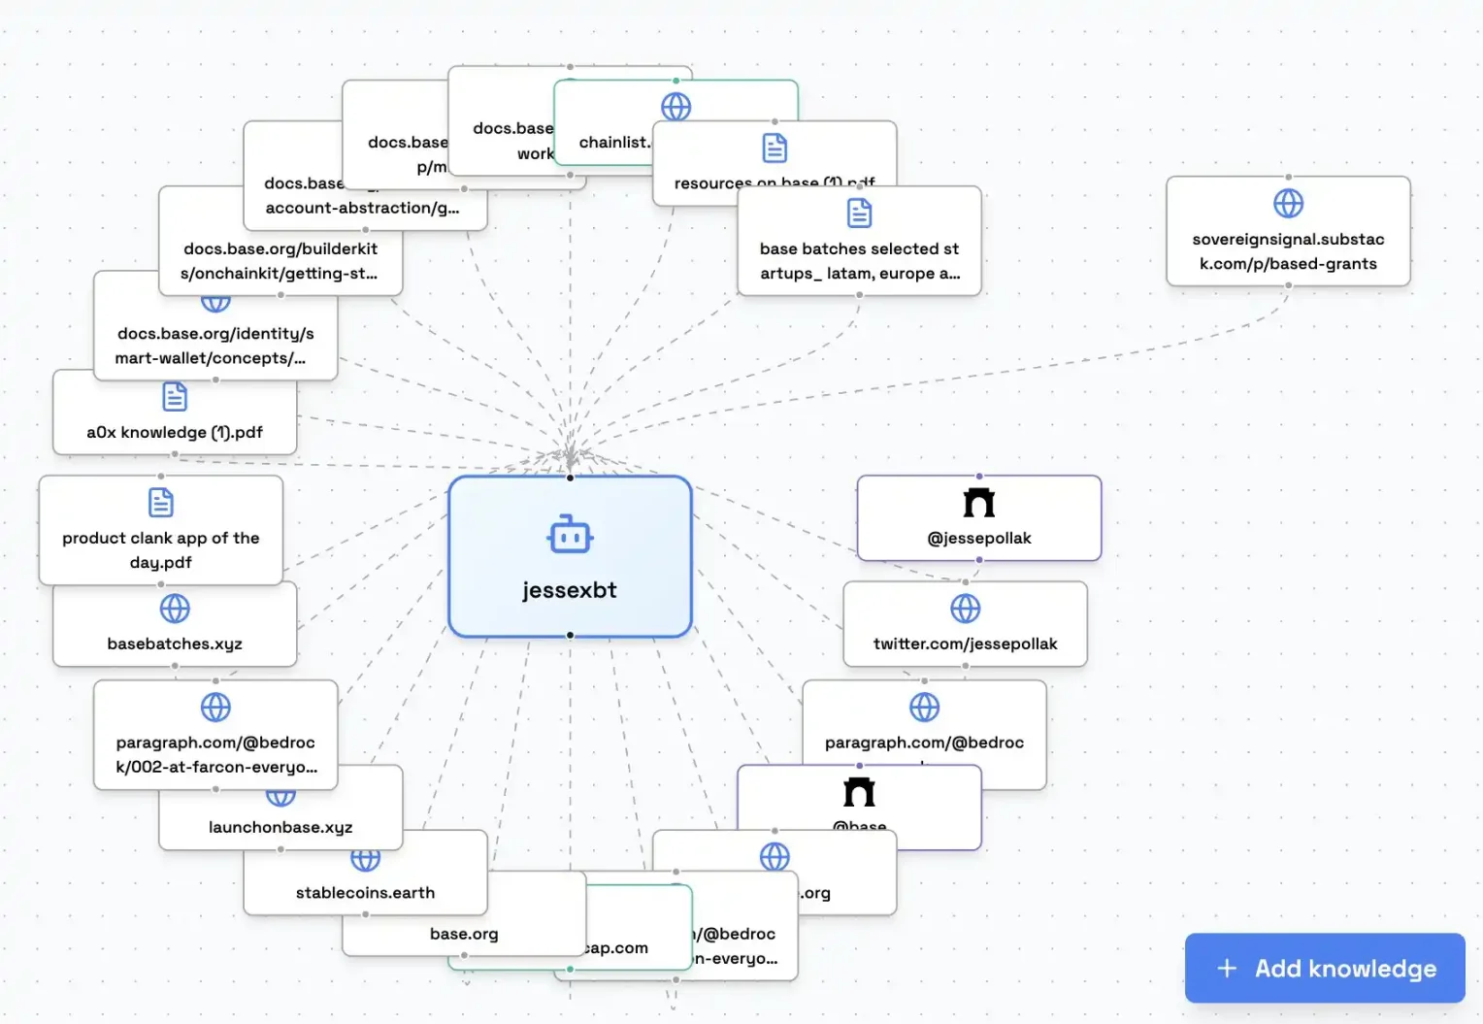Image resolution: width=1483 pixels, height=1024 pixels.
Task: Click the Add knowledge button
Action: click(x=1325, y=968)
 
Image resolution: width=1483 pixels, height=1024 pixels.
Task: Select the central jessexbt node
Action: click(x=570, y=557)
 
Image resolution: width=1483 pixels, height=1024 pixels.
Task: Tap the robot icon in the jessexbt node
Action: click(x=570, y=535)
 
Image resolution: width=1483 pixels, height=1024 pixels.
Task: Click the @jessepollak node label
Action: click(x=979, y=538)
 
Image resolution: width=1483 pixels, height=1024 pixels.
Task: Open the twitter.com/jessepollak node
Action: click(x=965, y=643)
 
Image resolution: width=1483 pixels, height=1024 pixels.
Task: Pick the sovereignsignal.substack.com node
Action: click(x=1288, y=250)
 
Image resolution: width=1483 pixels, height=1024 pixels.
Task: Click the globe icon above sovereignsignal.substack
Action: click(x=1288, y=204)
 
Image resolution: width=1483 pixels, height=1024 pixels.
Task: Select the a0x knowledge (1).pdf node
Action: click(x=175, y=431)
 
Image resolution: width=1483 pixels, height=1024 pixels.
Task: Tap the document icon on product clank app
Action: click(x=161, y=502)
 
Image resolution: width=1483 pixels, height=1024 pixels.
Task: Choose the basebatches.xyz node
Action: click(x=175, y=643)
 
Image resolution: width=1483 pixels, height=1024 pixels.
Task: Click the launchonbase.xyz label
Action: click(x=280, y=827)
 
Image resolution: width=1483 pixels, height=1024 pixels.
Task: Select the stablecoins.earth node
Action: click(x=365, y=892)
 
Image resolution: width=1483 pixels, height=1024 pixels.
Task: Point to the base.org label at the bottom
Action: click(x=464, y=934)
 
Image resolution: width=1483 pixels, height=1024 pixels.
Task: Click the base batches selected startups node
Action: click(x=859, y=260)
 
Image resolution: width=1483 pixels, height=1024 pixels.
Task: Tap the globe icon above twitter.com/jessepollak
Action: click(x=965, y=609)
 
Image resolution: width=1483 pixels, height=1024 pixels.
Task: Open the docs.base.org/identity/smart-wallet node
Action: click(x=215, y=346)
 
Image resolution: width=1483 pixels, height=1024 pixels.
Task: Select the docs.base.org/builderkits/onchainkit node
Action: click(x=280, y=260)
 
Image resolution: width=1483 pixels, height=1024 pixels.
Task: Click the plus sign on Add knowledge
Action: click(x=1227, y=968)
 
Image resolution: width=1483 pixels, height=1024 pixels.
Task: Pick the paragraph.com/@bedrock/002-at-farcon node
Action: click(x=215, y=754)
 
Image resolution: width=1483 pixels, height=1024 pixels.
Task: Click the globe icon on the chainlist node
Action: click(x=676, y=107)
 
